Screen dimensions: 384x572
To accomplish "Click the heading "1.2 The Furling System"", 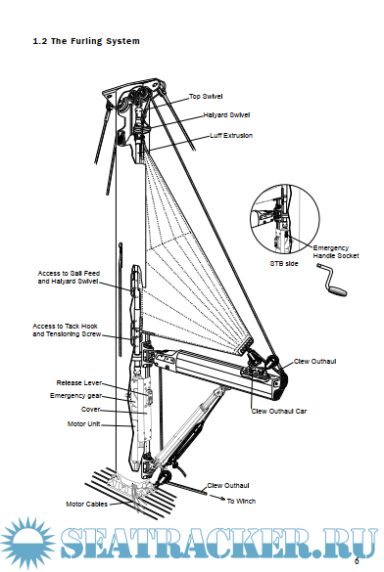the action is coord(86,41).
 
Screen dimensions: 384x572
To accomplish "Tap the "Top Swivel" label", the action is coord(206,96).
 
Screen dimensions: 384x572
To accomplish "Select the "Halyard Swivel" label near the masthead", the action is coord(226,115).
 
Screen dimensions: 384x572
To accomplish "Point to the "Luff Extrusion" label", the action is coord(231,135).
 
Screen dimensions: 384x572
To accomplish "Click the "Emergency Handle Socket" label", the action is coord(336,251).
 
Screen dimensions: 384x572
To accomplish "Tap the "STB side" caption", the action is coord(284,263).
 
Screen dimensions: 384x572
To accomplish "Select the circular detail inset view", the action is coord(285,218).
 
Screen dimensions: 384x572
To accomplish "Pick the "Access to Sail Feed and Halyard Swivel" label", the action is coord(69,277).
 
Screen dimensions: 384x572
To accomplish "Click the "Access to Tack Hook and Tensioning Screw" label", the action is coord(67,330).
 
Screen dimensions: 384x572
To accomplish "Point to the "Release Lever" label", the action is coord(79,382).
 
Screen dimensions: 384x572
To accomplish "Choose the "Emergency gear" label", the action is coord(75,396).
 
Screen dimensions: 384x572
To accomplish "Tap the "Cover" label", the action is coord(90,410).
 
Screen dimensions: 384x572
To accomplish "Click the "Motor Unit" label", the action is coord(83,424).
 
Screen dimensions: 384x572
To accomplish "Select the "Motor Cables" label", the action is coord(86,505).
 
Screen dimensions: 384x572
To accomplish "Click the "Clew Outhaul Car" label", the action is coord(279,411).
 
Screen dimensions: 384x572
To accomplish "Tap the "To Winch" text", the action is coord(241,502).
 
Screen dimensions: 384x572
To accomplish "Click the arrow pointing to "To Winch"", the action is coord(216,498).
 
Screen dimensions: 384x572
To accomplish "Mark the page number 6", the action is coord(357,561).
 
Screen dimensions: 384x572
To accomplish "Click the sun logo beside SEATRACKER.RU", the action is coord(28,544).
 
